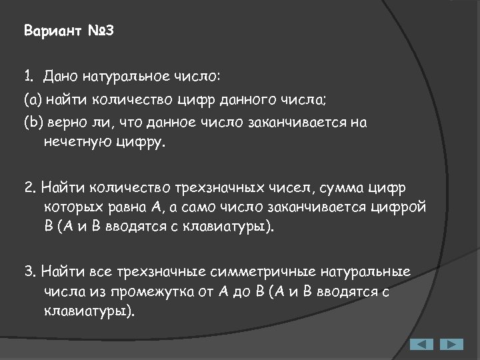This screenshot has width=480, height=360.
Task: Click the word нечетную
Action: [x=75, y=141]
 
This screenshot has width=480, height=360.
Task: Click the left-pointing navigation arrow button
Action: [x=421, y=345]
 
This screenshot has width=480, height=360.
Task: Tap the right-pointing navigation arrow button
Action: [x=451, y=345]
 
